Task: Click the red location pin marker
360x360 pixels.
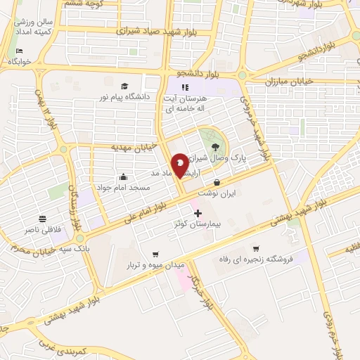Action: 180,165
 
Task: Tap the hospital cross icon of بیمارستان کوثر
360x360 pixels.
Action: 197,212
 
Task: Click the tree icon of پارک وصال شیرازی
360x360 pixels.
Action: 214,146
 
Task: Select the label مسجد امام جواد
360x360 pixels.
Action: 123,188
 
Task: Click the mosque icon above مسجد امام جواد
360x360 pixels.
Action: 124,176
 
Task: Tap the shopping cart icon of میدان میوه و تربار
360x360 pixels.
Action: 155,254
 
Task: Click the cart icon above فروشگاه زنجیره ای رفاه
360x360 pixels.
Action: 256,249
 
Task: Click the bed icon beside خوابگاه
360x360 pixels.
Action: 19,51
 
